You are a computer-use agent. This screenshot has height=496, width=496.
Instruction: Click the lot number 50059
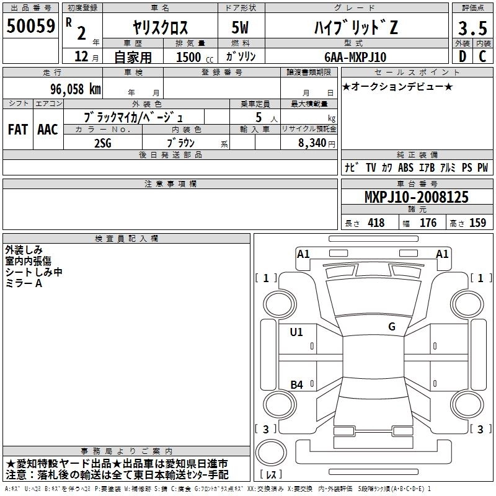30,25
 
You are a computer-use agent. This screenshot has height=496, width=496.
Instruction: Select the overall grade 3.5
472,28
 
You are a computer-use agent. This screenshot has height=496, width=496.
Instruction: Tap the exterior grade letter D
462,56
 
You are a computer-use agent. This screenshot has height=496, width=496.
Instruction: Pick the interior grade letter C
482,56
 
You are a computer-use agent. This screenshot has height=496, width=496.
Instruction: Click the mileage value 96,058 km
76,89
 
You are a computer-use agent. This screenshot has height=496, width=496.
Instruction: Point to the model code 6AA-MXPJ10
355,57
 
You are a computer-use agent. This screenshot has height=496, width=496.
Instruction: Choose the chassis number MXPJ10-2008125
417,197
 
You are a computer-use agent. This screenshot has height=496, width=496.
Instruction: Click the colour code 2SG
103,143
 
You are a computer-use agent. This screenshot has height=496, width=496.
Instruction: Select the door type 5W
240,27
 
